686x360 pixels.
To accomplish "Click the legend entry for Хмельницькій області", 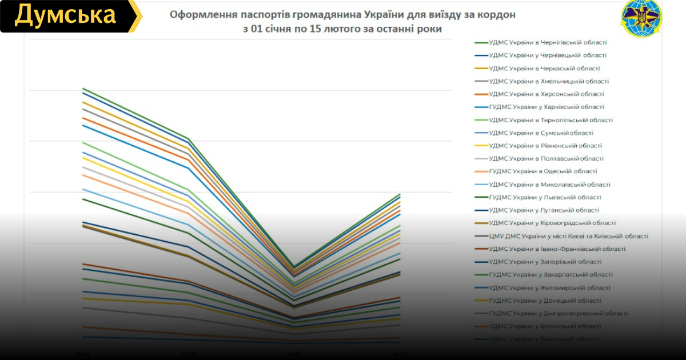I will pyautogui.click(x=549, y=81).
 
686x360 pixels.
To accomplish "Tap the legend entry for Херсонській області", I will pyautogui.click(x=547, y=94).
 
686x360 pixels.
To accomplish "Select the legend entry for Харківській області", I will pyautogui.click(x=547, y=107).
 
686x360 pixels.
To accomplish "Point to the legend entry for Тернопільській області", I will pyautogui.click(x=551, y=120).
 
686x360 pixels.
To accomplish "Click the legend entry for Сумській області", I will pyautogui.click(x=541, y=133).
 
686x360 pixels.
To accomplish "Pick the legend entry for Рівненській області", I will pyautogui.click(x=545, y=146).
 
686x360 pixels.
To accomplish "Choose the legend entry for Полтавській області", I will pyautogui.click(x=547, y=159).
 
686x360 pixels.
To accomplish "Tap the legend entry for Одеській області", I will pyautogui.click(x=543, y=171).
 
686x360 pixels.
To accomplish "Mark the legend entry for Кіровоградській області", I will pyautogui.click(x=552, y=223).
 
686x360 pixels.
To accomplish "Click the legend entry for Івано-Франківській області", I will pyautogui.click(x=557, y=249).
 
